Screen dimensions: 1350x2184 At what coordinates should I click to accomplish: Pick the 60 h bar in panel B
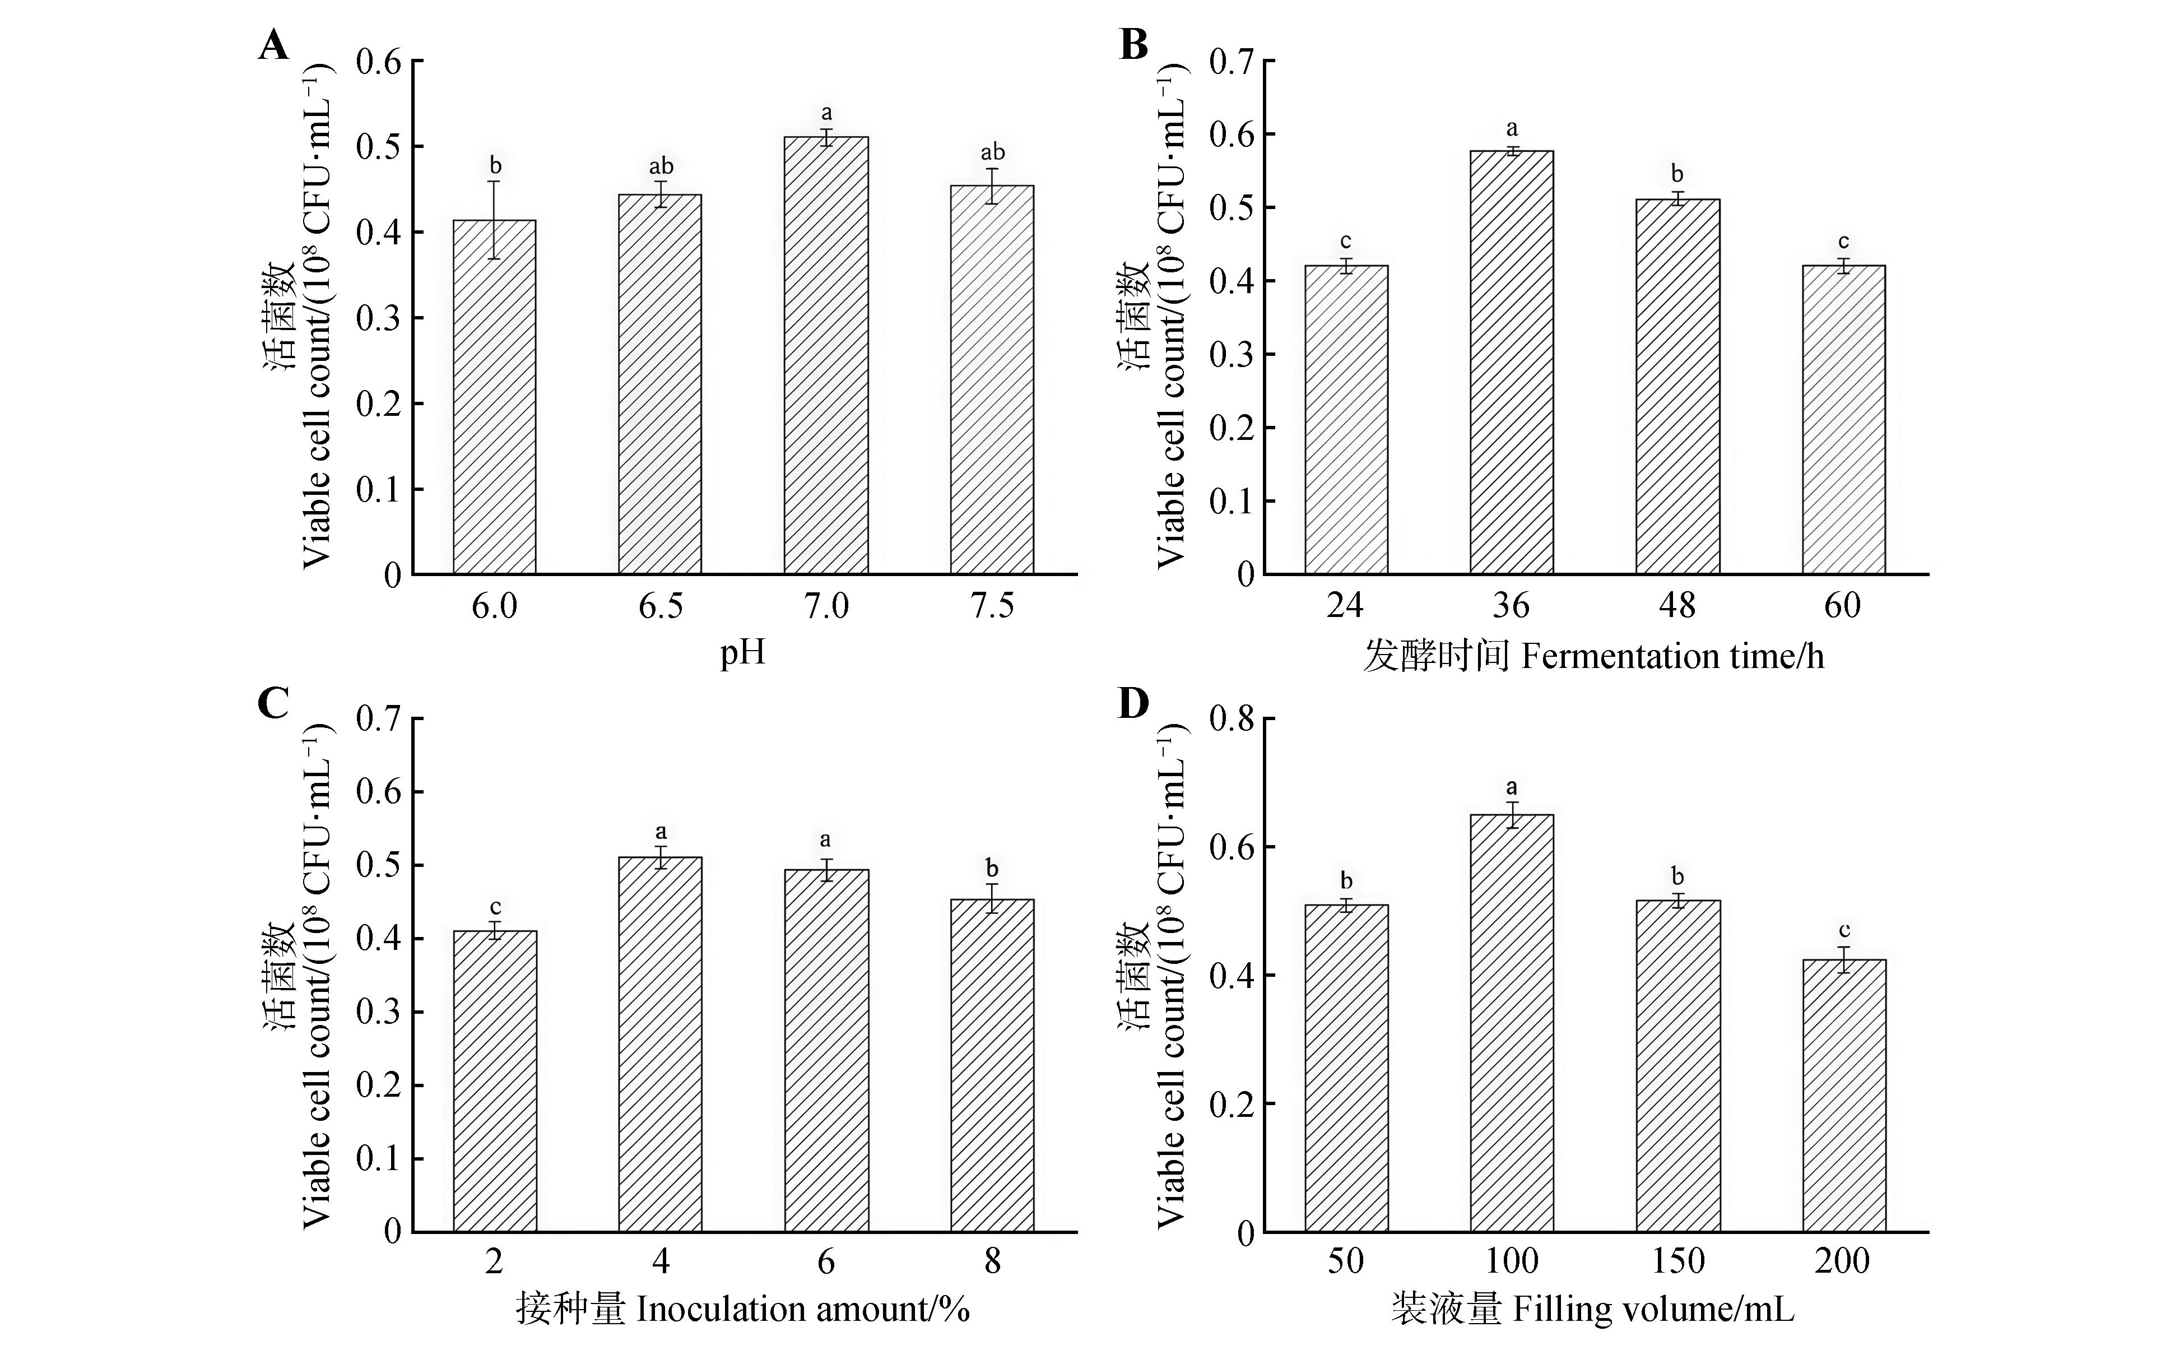[1843, 420]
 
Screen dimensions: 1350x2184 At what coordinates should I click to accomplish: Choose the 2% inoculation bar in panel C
[495, 1081]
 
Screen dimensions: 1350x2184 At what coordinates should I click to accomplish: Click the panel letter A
[274, 45]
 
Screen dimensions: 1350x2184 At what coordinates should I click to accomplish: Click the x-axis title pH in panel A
[742, 653]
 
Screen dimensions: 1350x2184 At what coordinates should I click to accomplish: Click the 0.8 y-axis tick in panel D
[1231, 719]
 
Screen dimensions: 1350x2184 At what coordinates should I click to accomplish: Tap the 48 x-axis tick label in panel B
[1677, 606]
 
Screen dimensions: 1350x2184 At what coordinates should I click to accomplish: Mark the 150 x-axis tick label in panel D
[1677, 1261]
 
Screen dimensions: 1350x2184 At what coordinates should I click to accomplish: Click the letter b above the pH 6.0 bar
[495, 165]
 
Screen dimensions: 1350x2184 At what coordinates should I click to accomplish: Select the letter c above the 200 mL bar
[1844, 930]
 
